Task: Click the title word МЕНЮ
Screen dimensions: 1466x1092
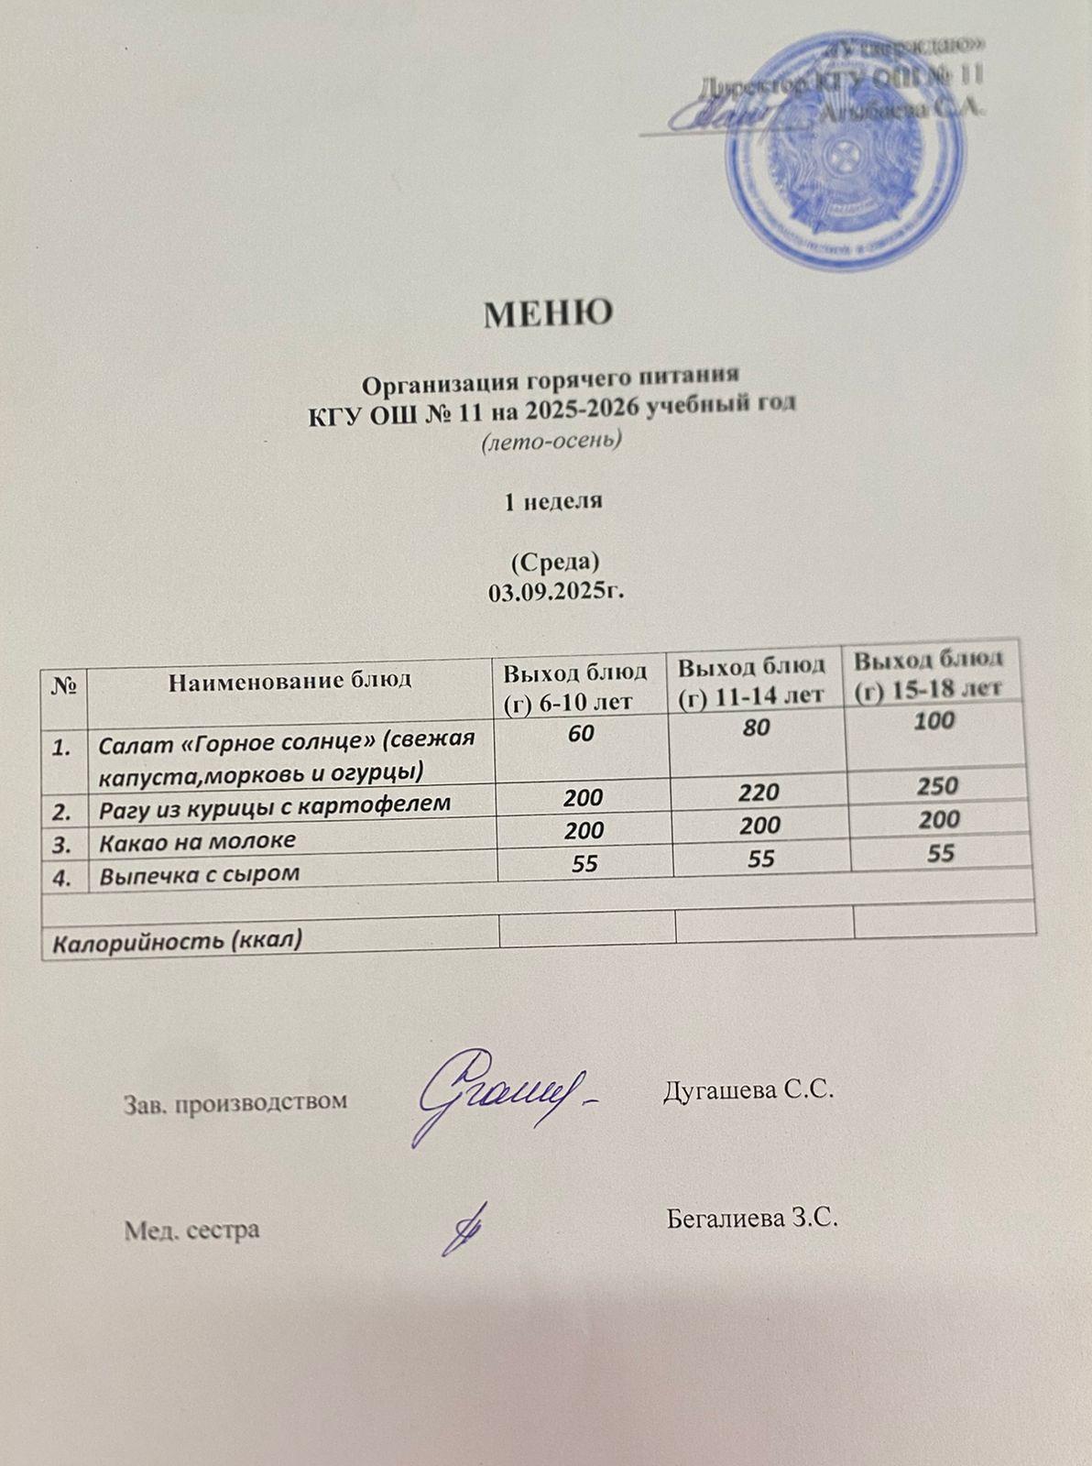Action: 548,314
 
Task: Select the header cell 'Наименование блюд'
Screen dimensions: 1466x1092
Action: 290,680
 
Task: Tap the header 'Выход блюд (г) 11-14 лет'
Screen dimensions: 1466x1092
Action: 752,679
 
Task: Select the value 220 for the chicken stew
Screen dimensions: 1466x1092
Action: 761,792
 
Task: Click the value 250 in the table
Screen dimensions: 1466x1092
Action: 938,785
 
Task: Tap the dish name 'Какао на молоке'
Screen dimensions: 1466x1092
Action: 197,841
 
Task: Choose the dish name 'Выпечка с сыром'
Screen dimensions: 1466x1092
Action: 200,874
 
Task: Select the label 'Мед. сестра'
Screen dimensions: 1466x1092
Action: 191,1231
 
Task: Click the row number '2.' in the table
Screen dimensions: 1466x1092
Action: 62,811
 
